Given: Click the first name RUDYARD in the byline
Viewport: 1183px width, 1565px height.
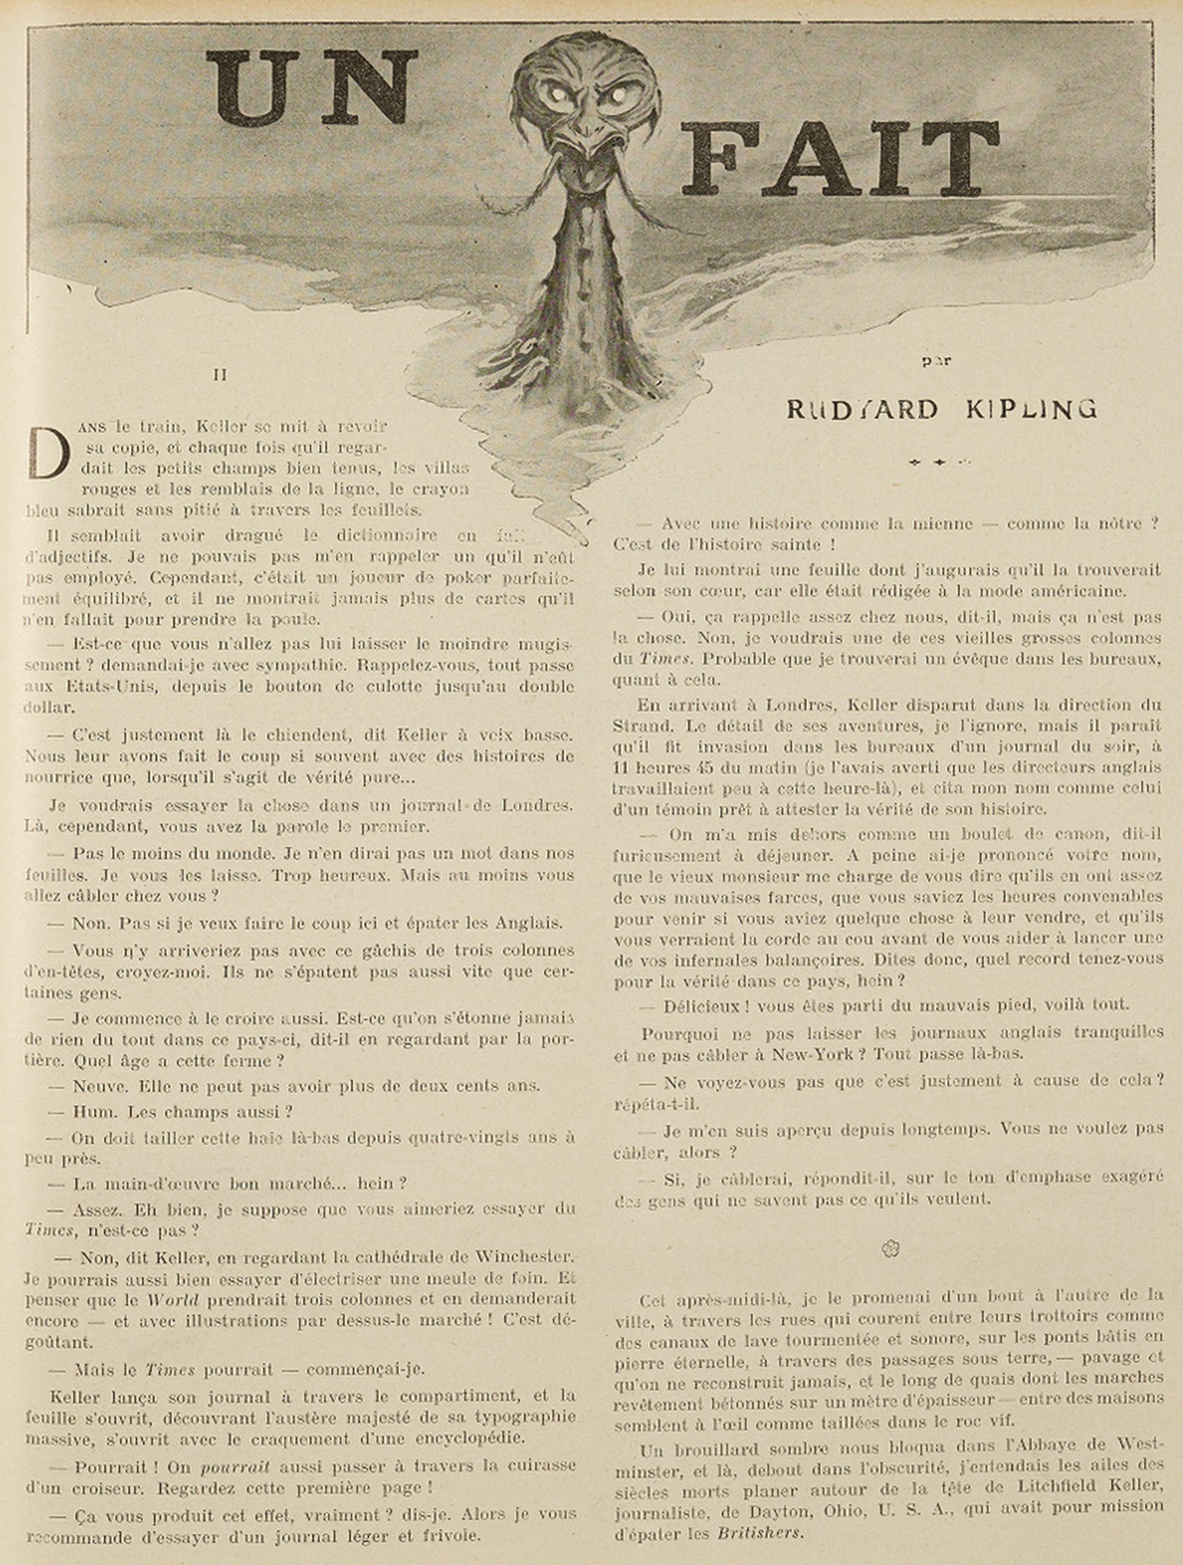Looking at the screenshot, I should point(862,409).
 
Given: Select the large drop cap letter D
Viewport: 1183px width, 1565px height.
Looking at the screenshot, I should point(48,453).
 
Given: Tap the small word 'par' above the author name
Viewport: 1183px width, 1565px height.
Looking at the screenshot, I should point(937,361).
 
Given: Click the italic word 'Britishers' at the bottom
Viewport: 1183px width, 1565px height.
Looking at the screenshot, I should point(759,1534).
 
